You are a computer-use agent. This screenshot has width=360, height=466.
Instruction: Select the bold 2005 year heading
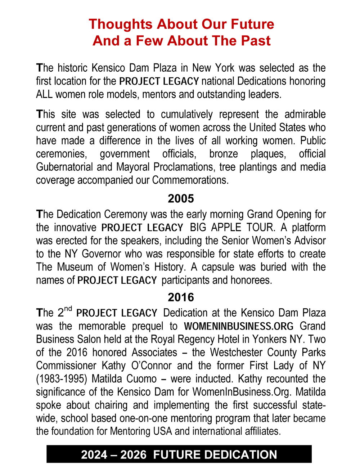click(x=181, y=198)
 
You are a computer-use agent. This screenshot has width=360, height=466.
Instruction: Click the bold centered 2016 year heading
click(x=181, y=297)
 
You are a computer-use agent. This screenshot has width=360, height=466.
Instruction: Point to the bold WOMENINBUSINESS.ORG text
click(x=239, y=326)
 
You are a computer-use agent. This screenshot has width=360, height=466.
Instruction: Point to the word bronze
click(x=224, y=154)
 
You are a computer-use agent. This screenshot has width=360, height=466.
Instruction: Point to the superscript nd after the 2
click(x=68, y=309)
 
